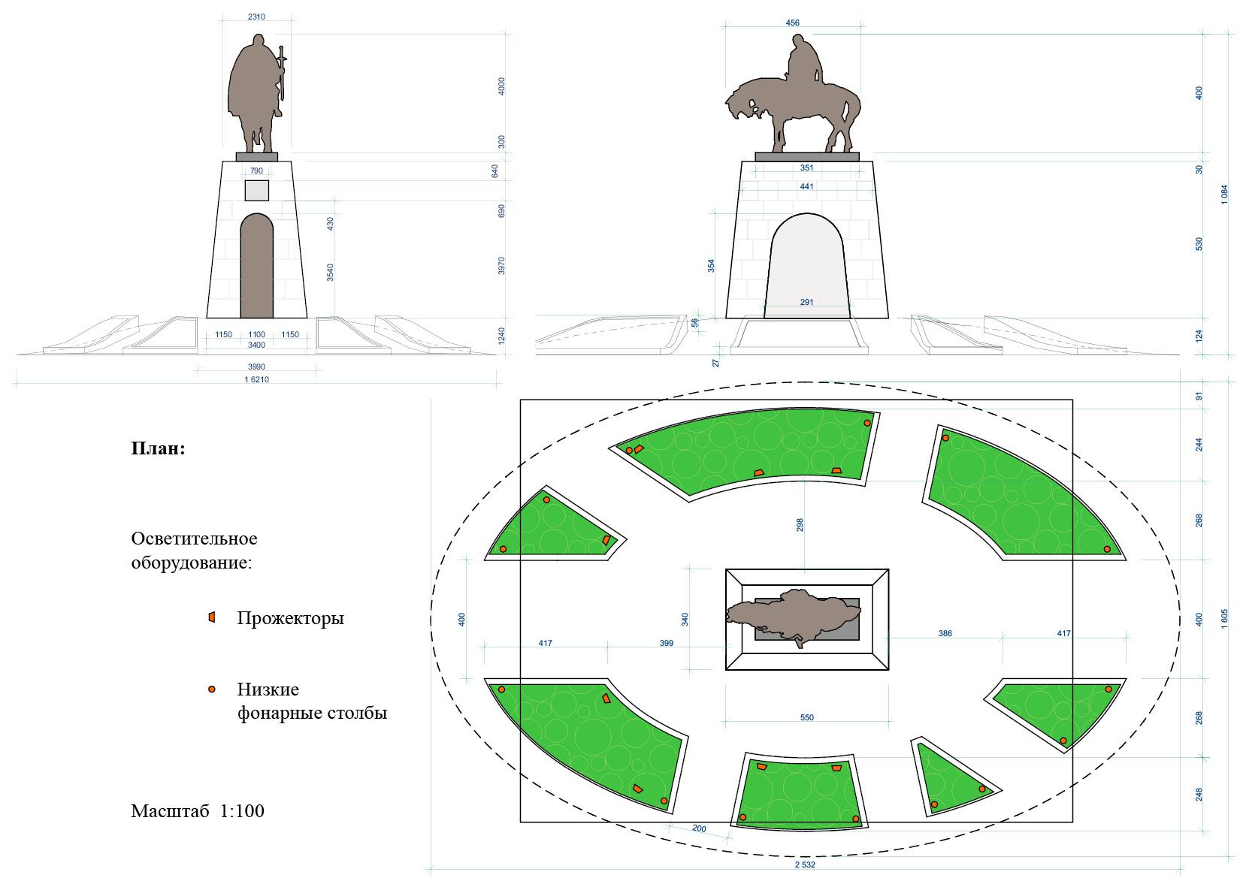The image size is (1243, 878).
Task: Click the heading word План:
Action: [x=158, y=449]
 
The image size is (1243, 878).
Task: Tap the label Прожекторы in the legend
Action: [x=290, y=618]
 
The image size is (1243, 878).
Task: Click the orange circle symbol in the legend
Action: [x=212, y=689]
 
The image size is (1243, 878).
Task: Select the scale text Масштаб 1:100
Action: [x=197, y=811]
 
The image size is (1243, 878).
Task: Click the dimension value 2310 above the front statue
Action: [x=256, y=17]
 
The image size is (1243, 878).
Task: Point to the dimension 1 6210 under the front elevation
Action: [x=256, y=379]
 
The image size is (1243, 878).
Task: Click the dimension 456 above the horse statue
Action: [x=792, y=23]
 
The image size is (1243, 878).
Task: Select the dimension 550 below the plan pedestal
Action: [x=806, y=717]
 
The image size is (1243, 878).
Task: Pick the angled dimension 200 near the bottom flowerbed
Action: [x=699, y=828]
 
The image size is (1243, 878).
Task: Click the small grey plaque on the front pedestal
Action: [x=256, y=190]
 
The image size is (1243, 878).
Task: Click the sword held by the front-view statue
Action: [x=283, y=75]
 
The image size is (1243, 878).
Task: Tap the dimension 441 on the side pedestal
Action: [x=806, y=186]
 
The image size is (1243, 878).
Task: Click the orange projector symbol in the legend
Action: [x=212, y=617]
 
